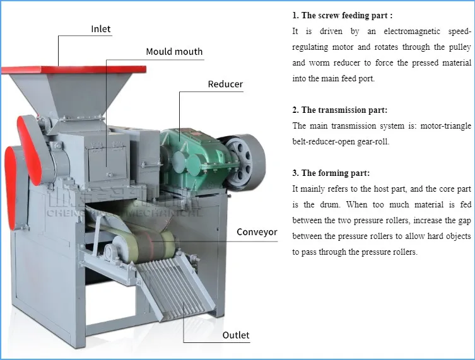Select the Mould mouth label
coord(174,52)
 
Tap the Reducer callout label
coord(225,84)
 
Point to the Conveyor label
coord(257,232)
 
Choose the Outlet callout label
coord(236,335)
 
